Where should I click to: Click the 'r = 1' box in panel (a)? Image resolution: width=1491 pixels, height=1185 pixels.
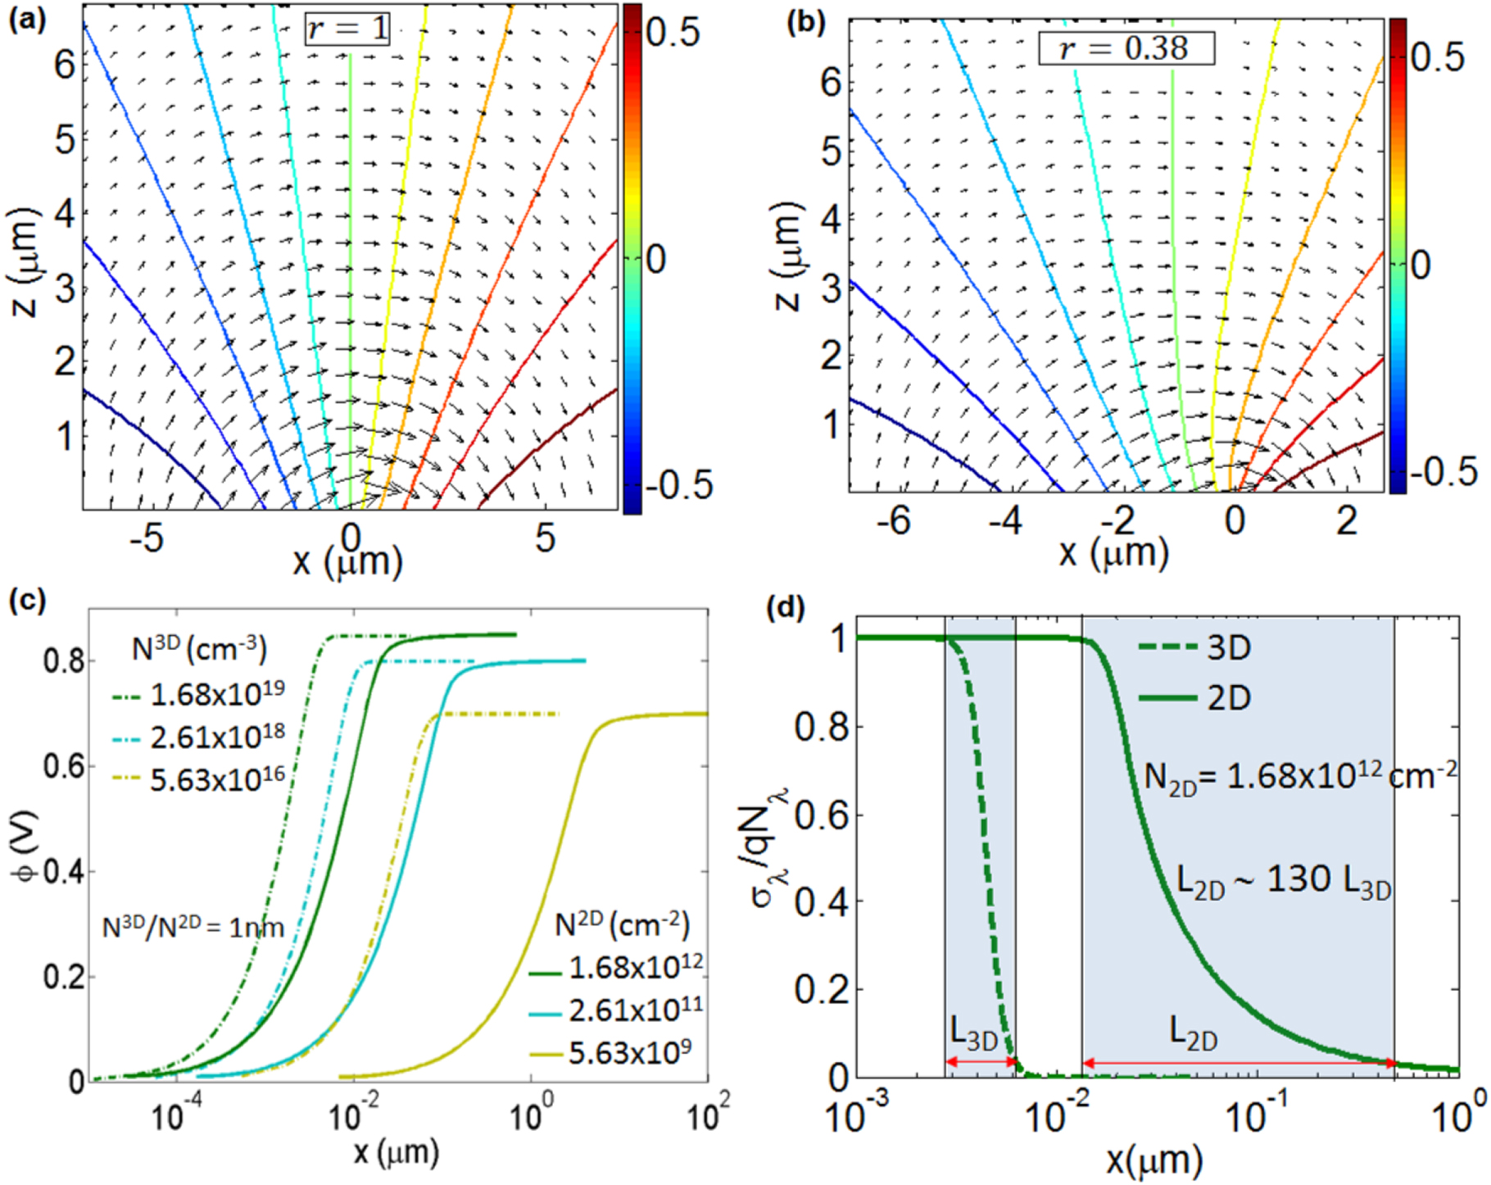(x=347, y=29)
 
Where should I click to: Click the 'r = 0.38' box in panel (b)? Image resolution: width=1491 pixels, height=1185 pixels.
(x=1126, y=48)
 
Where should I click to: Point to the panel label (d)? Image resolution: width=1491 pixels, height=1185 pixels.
(x=785, y=608)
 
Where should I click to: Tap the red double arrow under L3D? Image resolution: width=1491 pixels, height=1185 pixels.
(x=981, y=1062)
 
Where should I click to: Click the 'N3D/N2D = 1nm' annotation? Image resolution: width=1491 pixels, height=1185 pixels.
(x=193, y=928)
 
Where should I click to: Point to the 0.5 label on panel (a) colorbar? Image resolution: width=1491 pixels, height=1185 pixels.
(x=673, y=33)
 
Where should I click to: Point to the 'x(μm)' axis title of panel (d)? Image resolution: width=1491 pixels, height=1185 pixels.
(x=1154, y=1160)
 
